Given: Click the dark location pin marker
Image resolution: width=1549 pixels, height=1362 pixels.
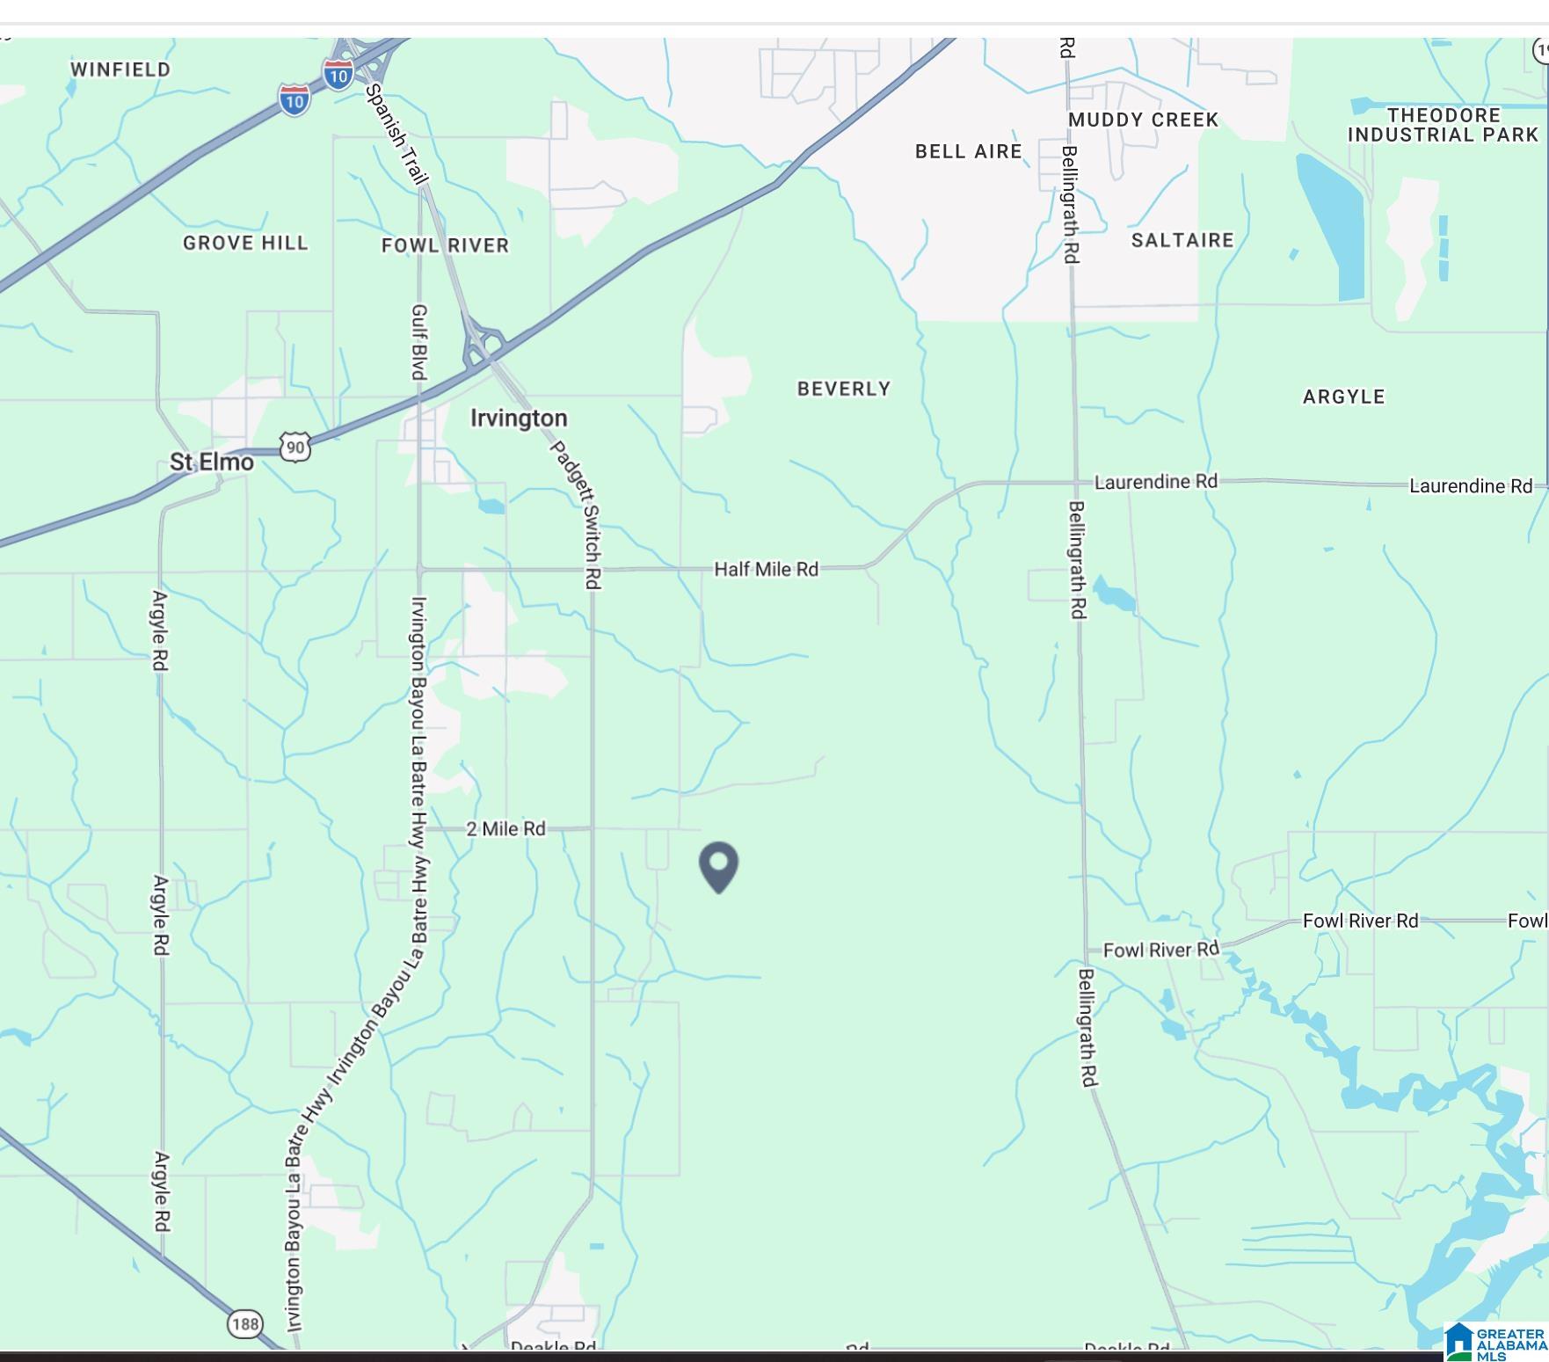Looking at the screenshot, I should (x=718, y=865).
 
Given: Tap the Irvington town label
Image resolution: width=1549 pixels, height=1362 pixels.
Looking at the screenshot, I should (x=519, y=418).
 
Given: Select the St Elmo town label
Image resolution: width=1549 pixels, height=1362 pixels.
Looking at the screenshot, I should (x=211, y=462).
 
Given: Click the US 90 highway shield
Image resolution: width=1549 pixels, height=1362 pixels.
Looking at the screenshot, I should (x=295, y=448).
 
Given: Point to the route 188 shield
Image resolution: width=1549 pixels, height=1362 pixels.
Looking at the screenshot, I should (x=245, y=1323).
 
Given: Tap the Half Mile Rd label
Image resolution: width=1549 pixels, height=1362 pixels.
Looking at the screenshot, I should (x=766, y=569).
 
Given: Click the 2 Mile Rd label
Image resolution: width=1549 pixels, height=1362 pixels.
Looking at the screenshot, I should (x=505, y=828).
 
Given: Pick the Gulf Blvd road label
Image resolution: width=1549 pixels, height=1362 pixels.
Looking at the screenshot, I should (x=419, y=342).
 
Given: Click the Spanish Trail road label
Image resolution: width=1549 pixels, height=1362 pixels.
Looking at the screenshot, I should (x=396, y=134).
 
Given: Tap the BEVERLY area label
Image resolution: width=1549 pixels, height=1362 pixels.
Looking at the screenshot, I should (x=844, y=389).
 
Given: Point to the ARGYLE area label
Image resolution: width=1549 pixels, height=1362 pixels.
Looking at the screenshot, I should (x=1343, y=397).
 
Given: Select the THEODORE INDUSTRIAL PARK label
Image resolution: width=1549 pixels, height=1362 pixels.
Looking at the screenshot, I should (x=1444, y=125).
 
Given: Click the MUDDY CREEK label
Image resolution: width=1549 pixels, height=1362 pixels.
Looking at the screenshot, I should (x=1143, y=120).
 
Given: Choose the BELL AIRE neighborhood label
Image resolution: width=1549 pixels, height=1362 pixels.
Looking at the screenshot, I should (x=968, y=151).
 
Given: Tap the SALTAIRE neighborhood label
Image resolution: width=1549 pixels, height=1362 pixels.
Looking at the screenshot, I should (x=1182, y=240).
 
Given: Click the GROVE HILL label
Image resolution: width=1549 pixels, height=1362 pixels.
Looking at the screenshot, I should (x=245, y=243).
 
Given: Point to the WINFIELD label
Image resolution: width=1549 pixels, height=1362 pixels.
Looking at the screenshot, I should (x=120, y=69).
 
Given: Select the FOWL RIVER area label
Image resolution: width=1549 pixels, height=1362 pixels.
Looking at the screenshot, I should (x=445, y=245).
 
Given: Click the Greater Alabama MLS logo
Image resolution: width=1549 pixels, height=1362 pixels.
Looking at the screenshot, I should (x=1494, y=1342).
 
